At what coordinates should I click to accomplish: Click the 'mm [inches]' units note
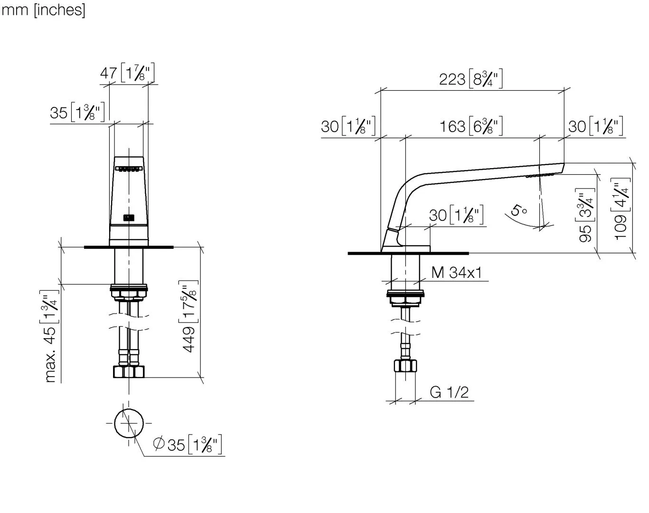(43, 10)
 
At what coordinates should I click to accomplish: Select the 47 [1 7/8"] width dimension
(127, 73)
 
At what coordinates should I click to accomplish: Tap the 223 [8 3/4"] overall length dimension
(471, 79)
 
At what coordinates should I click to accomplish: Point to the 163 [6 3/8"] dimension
(471, 126)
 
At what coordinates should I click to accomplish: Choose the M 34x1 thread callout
(456, 273)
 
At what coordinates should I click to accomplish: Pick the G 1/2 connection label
(449, 392)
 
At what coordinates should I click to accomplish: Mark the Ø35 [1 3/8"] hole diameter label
(187, 445)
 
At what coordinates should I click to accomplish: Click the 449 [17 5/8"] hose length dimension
(189, 316)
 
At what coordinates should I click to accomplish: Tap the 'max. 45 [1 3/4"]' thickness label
(49, 336)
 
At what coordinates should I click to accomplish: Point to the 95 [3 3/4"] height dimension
(585, 215)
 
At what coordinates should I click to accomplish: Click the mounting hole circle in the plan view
(129, 423)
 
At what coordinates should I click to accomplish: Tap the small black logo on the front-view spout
(129, 218)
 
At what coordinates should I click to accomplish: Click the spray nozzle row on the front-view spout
(129, 169)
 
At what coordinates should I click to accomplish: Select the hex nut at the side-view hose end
(405, 366)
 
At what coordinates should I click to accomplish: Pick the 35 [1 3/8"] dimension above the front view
(77, 113)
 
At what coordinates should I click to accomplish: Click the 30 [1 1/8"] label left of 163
(348, 126)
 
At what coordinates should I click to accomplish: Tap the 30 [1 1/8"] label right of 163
(596, 126)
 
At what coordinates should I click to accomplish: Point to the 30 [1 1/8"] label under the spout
(456, 215)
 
